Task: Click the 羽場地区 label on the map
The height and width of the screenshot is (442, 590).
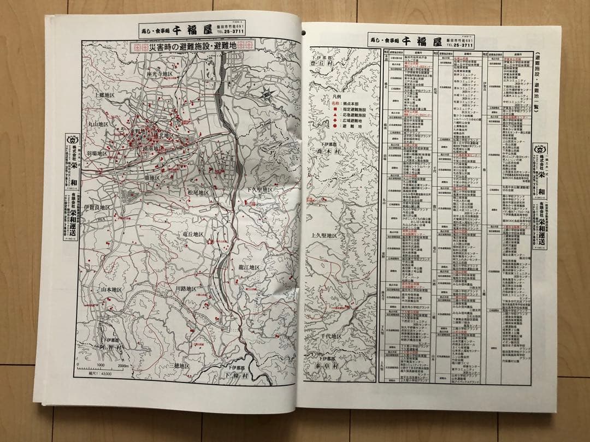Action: [x=98, y=153]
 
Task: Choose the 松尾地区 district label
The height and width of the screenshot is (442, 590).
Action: [x=198, y=193]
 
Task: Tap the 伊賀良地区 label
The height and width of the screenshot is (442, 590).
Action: [x=98, y=208]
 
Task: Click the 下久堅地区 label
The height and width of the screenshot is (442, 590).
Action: [x=258, y=189]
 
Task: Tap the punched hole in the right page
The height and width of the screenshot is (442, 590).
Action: [x=304, y=32]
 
